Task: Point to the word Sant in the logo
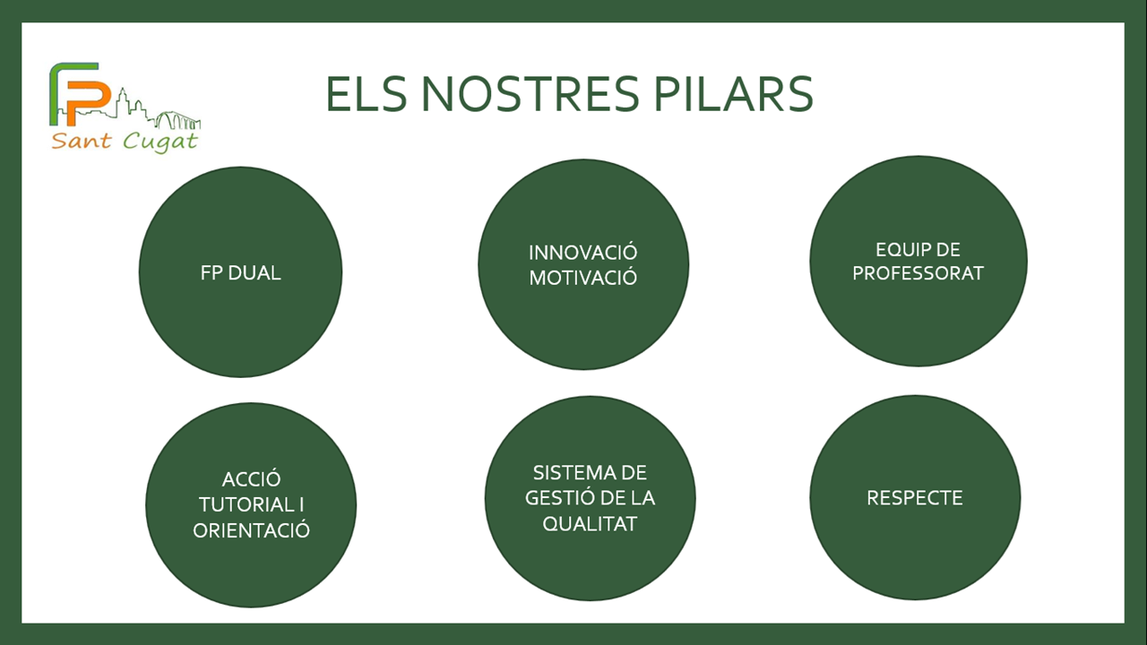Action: coord(81,142)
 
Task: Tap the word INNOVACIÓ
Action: coord(583,253)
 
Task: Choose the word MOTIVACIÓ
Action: coord(583,278)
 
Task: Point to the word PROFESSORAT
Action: coord(918,273)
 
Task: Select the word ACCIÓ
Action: coord(252,479)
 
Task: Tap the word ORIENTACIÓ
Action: coord(252,530)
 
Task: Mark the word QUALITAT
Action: coord(590,524)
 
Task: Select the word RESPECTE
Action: coord(915,498)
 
